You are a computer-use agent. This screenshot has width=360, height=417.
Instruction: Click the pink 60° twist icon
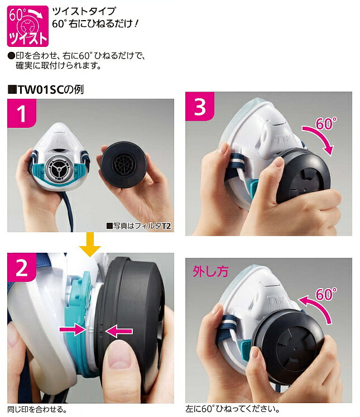[x=24, y=26]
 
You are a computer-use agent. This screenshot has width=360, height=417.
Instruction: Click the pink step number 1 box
[x=22, y=114]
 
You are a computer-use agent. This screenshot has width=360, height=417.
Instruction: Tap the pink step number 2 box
[x=22, y=269]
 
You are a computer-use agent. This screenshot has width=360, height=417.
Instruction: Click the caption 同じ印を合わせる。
[x=37, y=410]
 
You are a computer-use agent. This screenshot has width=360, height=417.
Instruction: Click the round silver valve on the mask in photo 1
[x=57, y=167]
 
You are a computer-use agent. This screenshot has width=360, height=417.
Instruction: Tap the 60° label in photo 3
[x=326, y=124]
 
